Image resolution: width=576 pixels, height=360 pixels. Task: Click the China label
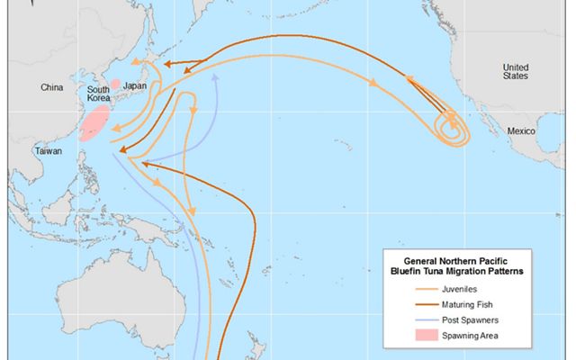(50, 86)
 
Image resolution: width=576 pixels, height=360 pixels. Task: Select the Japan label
(134, 86)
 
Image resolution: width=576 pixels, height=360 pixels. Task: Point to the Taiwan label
(48, 151)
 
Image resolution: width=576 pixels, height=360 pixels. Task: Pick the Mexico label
(522, 131)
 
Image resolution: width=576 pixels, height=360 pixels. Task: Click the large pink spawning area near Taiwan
(94, 122)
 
